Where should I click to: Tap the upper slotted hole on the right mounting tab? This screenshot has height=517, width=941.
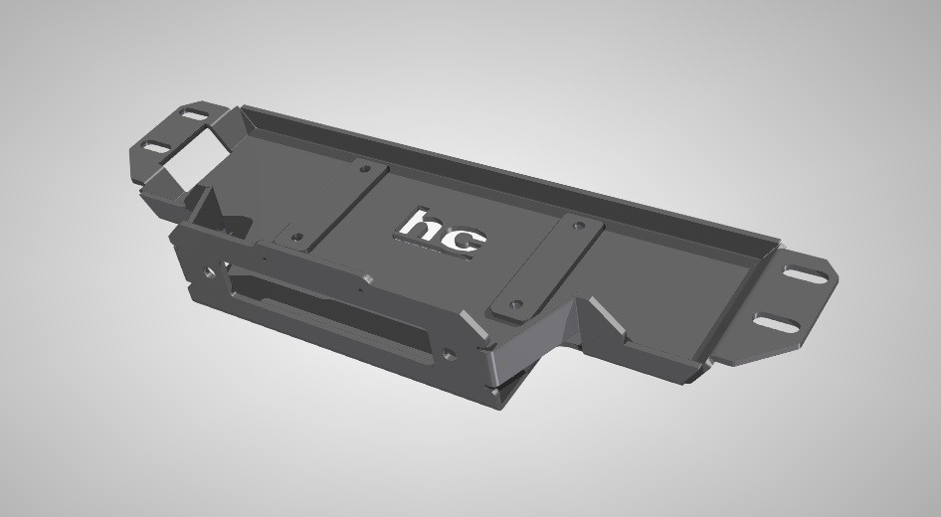click(x=806, y=274)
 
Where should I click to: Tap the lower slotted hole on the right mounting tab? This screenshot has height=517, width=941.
click(x=777, y=323)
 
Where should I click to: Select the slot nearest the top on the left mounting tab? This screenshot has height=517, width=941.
click(x=194, y=114)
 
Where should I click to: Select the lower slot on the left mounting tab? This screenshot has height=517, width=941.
click(x=157, y=146)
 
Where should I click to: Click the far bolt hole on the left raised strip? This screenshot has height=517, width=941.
click(x=364, y=169)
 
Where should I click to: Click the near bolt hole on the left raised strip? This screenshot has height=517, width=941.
click(x=295, y=237)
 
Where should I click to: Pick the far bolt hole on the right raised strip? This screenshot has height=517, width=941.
click(x=579, y=226)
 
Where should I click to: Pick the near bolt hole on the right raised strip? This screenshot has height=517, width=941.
click(x=515, y=304)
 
